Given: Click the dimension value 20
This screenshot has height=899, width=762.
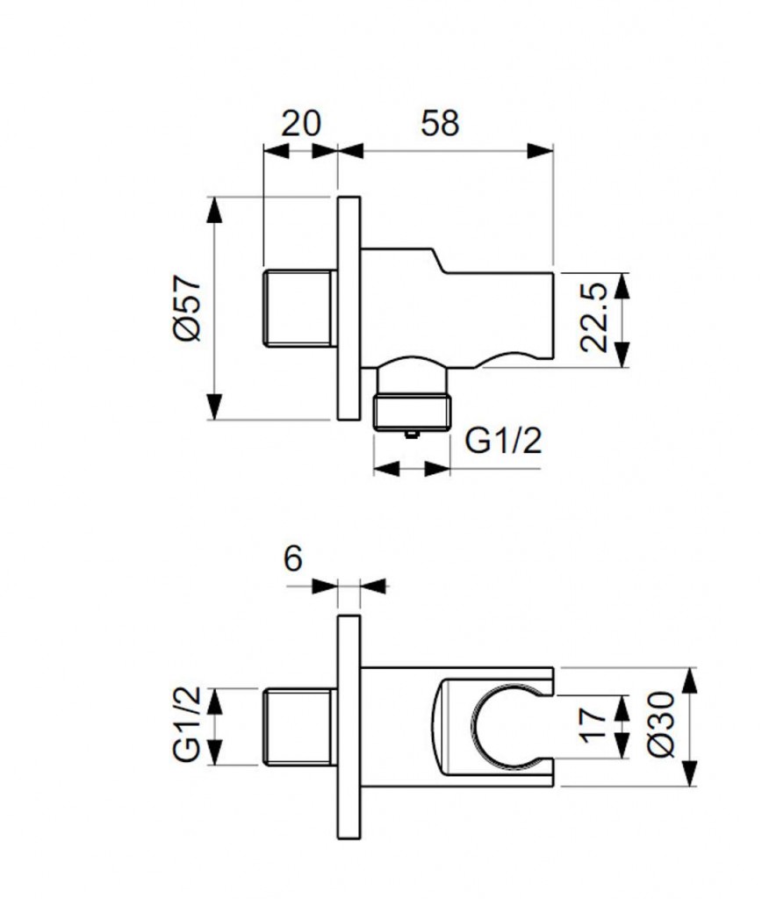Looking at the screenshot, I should tap(301, 123).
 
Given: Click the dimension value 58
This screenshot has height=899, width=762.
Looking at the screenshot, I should tap(440, 123).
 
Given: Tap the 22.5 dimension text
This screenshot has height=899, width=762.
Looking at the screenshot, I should tap(594, 318).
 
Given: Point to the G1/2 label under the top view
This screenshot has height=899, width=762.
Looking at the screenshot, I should tap(502, 440).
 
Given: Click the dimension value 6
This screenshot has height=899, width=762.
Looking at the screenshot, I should tap(293, 558).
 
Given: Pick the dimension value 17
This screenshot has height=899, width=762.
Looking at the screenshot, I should tap(594, 725).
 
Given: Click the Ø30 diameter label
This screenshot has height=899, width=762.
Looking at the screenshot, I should tap(663, 725).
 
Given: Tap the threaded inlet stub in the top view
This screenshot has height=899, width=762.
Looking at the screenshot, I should tap(298, 308).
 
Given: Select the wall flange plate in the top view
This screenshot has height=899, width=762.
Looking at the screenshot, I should tap(349, 308).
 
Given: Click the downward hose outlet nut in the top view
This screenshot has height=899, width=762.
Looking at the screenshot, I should tap(412, 408).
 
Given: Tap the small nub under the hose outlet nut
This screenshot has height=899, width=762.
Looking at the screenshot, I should tap(411, 432).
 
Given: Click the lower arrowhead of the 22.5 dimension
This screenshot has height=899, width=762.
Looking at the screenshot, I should tap(622, 356).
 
